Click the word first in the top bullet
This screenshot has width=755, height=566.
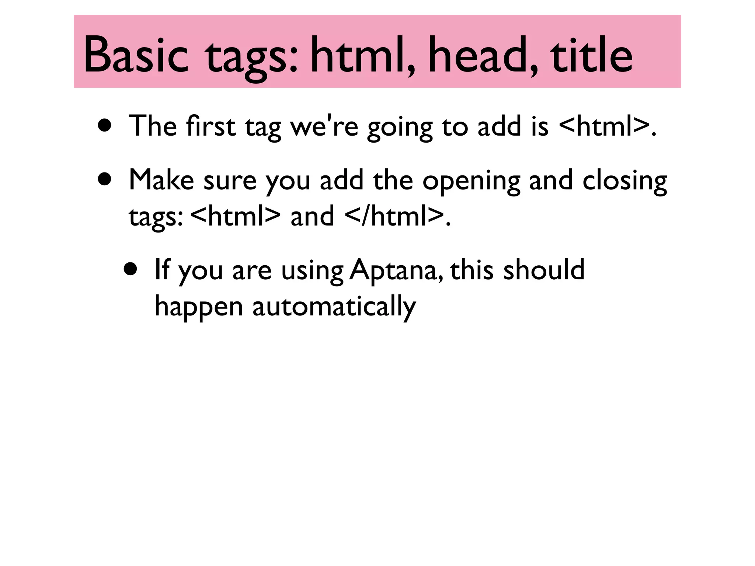tap(211, 126)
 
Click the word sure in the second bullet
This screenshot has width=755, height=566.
tap(230, 181)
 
